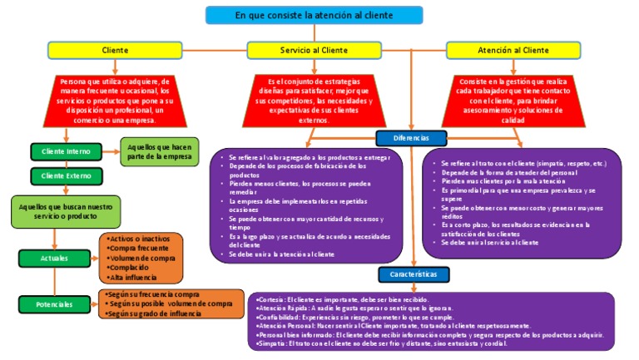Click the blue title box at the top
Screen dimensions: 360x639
(x=314, y=15)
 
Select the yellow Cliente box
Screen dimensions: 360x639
(x=115, y=51)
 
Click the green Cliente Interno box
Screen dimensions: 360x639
(x=66, y=152)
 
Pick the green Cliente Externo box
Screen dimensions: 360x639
(x=66, y=175)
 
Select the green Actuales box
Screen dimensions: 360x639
(x=54, y=259)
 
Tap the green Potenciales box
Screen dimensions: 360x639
(x=54, y=304)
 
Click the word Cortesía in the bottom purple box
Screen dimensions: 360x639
(x=273, y=299)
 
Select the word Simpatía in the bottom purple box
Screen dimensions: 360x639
(x=273, y=343)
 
